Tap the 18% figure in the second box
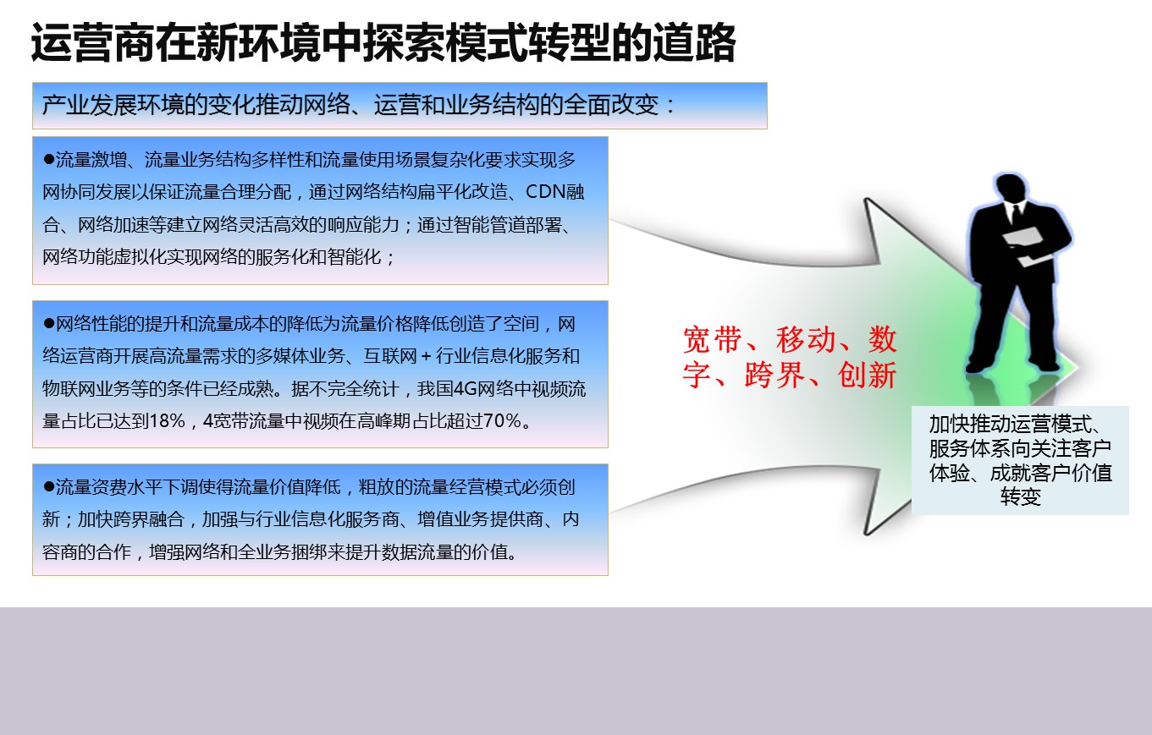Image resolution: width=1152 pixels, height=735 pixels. pos(166,421)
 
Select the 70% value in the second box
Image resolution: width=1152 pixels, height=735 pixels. pos(502,421)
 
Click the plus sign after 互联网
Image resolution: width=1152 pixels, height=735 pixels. pos(426,356)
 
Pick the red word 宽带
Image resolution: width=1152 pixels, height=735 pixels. pos(713,340)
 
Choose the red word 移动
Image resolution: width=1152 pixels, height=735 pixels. pos(806,340)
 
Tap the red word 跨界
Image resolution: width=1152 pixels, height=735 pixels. pos(774,375)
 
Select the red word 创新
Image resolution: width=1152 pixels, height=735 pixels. pos(867,375)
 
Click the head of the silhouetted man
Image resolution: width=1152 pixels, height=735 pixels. pos(1010,189)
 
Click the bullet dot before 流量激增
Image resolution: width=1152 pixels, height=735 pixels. pos(49,159)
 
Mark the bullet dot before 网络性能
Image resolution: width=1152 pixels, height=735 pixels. pos(49,323)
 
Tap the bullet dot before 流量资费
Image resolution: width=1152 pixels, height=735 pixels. pos(49,486)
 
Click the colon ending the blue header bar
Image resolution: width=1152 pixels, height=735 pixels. pos(670,107)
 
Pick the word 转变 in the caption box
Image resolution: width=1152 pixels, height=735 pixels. pos(1021,497)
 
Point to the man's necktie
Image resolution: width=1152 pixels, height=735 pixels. pos(1017,212)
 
